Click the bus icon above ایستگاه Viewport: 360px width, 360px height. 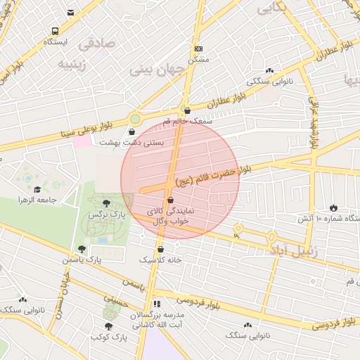[x=55, y=32]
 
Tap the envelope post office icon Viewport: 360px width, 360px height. [x=70, y=13]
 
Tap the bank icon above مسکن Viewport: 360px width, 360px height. [x=199, y=49]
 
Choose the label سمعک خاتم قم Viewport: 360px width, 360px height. [x=186, y=121]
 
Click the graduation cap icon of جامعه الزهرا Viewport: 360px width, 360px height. [x=37, y=189]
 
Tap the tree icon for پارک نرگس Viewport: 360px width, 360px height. [x=107, y=203]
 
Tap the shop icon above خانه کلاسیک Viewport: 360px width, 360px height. [x=160, y=249]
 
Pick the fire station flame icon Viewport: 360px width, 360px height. [x=333, y=207]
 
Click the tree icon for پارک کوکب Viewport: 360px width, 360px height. [x=108, y=326]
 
